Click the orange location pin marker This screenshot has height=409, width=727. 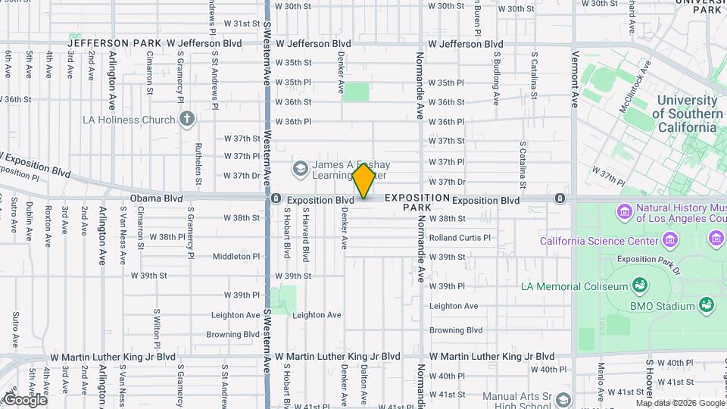click(x=363, y=181)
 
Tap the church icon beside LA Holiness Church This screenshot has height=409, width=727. click(x=187, y=119)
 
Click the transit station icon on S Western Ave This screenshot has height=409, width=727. click(x=276, y=199)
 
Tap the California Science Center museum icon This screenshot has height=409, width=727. click(x=669, y=242)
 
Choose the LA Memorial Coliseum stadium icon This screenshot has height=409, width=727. click(x=640, y=286)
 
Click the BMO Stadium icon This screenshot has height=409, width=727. click(x=707, y=305)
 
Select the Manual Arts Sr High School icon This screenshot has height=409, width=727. click(x=563, y=399)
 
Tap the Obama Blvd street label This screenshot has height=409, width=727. click(x=157, y=198)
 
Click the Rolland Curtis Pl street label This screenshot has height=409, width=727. click(x=460, y=237)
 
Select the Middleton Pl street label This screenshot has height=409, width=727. click(x=236, y=257)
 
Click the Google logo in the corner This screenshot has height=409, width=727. click(x=24, y=400)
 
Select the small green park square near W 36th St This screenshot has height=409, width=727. click(x=355, y=92)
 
